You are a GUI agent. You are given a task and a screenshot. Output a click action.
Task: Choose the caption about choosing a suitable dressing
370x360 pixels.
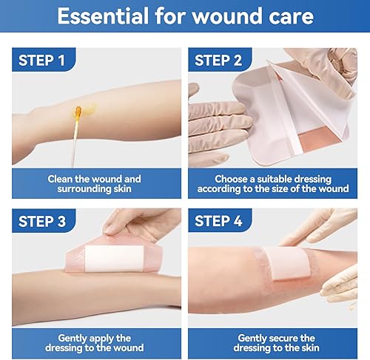coord(273,184)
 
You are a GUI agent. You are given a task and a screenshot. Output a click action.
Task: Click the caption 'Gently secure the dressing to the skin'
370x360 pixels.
coord(273,342)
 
